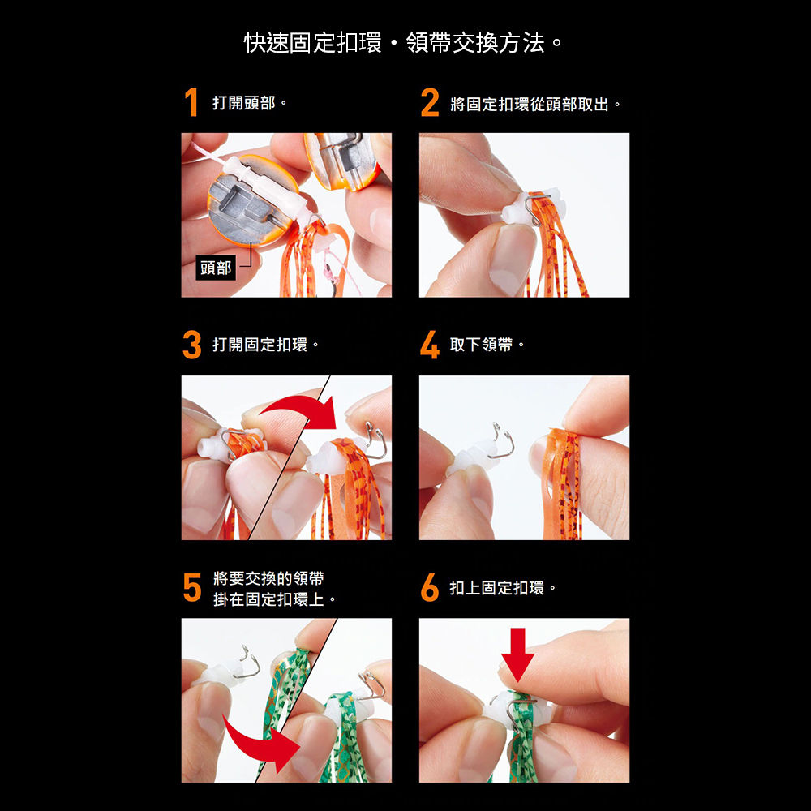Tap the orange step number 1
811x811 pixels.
191,102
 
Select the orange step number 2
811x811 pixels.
430,102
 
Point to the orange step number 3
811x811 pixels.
192,345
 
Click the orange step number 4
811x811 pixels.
430,345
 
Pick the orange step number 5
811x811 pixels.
192,587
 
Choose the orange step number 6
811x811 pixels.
430,587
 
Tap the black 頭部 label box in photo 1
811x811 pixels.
216,268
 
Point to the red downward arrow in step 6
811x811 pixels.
517,654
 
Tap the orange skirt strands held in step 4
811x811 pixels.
562,483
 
